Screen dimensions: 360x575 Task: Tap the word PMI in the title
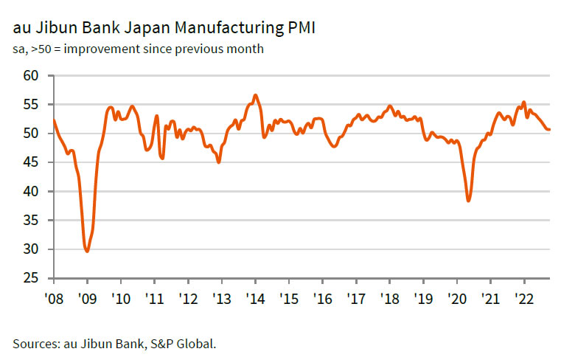click(301, 30)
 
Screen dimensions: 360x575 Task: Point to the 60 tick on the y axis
click(30, 76)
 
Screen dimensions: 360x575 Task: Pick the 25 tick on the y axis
click(30, 278)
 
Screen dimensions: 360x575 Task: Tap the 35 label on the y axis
click(30, 221)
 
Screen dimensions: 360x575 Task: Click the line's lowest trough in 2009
click(88, 252)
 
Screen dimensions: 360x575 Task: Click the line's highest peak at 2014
click(255, 95)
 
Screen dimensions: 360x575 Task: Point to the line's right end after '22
click(549, 130)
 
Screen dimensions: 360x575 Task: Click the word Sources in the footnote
click(35, 343)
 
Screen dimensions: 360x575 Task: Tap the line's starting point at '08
click(54, 120)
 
